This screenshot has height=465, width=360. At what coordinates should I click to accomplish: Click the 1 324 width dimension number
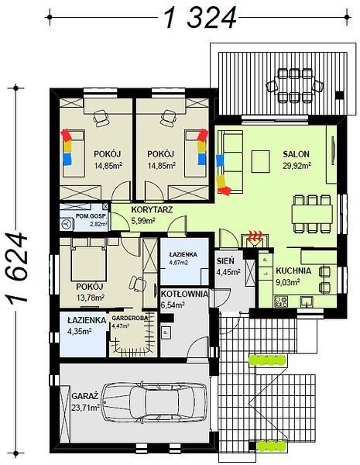(201, 18)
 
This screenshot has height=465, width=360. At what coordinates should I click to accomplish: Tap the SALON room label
(296, 154)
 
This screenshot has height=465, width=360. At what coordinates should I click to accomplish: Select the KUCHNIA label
(293, 270)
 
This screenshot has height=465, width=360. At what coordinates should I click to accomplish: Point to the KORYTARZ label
(152, 210)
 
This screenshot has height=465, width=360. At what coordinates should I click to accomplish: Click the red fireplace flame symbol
(255, 236)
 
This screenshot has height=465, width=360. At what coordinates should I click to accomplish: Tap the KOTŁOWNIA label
(184, 294)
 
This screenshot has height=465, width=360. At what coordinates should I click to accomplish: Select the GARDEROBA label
(129, 318)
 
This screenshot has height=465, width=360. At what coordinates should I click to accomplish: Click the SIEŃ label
(225, 261)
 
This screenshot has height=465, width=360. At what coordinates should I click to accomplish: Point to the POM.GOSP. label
(91, 216)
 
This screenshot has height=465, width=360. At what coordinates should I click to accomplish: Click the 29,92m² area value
(297, 165)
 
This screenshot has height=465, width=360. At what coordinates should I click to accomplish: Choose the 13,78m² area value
(91, 298)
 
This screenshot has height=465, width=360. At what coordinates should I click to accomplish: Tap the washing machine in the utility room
(67, 224)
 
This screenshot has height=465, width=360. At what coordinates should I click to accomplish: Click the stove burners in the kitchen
(280, 301)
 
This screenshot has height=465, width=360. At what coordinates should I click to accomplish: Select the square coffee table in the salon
(260, 161)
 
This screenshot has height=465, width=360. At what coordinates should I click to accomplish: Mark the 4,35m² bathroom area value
(79, 331)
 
